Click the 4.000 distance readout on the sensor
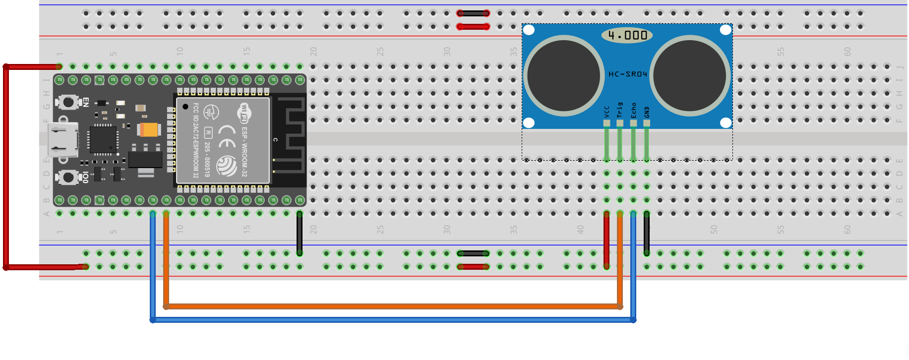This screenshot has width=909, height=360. pyautogui.click(x=627, y=35)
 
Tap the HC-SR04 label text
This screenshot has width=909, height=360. pyautogui.click(x=628, y=74)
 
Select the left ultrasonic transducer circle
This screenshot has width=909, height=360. pyautogui.click(x=564, y=75)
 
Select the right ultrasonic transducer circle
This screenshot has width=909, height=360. pyautogui.click(x=690, y=75)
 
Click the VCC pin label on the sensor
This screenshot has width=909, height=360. pyautogui.click(x=606, y=112)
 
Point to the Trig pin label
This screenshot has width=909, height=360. pyautogui.click(x=620, y=110)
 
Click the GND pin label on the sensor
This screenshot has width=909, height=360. pyautogui.click(x=647, y=112)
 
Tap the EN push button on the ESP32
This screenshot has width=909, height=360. pyautogui.click(x=68, y=102)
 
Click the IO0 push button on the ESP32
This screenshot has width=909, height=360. pyautogui.click(x=68, y=177)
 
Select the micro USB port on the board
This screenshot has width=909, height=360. pyautogui.click(x=62, y=140)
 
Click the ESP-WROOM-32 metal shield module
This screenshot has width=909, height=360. pyautogui.click(x=223, y=140)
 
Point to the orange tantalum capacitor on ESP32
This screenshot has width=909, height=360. pyautogui.click(x=149, y=129)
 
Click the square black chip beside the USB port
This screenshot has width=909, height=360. pyautogui.click(x=103, y=140)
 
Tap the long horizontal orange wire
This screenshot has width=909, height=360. pyautogui.click(x=392, y=306)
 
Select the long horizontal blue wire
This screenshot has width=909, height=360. pyautogui.click(x=392, y=320)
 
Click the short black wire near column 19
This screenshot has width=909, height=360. pyautogui.click(x=300, y=233)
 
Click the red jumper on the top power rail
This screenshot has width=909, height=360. pyautogui.click(x=473, y=27)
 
